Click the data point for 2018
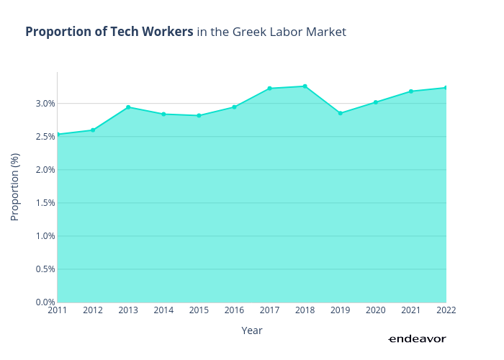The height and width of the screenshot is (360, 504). pos(305,86)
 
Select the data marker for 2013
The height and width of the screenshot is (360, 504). pos(128,107)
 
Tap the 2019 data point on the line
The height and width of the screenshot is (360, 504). pos(340,113)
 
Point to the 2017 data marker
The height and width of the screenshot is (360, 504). pos(269,89)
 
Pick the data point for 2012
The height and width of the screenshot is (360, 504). pos(93,130)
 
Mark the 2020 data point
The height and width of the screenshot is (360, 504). pos(375,102)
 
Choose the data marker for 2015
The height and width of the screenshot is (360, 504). pos(199,116)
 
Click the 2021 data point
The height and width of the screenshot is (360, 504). pos(410,91)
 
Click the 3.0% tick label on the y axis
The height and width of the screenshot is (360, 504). pos(45,104)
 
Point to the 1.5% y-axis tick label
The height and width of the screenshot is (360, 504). pos(45,203)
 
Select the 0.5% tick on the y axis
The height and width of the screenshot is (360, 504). pos(45,269)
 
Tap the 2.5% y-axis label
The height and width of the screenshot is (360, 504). pos(45,137)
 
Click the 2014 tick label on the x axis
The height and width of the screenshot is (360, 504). pos(163,310)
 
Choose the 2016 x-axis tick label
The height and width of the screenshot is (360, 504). pos(234,310)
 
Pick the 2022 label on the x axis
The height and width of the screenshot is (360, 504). pos(446,310)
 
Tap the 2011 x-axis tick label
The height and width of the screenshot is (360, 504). pos(58,310)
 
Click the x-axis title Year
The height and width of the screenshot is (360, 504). pos(252,330)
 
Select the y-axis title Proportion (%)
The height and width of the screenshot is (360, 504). pos(15,186)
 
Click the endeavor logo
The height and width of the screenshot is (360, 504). pos(417,339)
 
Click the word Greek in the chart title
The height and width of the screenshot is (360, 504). pos(249,32)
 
